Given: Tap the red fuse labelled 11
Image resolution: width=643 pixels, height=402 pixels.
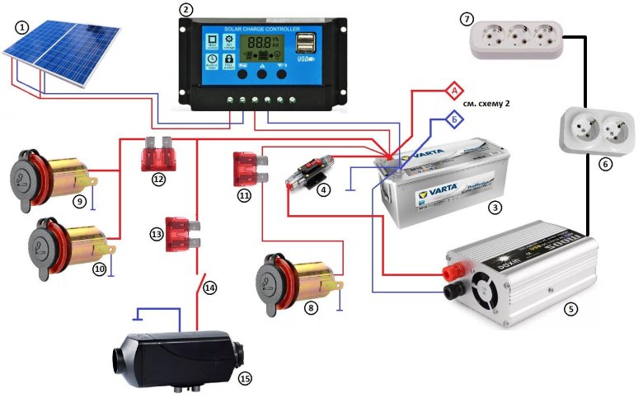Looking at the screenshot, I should point(248,168).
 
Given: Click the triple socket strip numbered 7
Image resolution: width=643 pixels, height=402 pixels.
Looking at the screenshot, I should point(519,39).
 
